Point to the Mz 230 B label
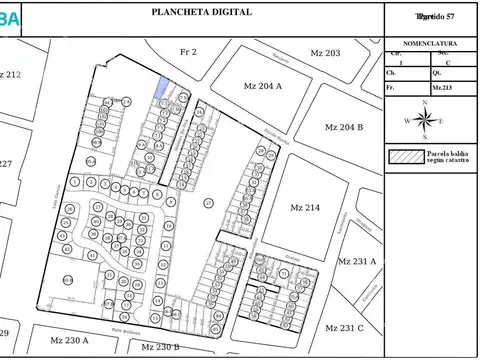160,347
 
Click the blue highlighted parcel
159,88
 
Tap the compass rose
426,120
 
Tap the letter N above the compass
426,102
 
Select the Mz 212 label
11,75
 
